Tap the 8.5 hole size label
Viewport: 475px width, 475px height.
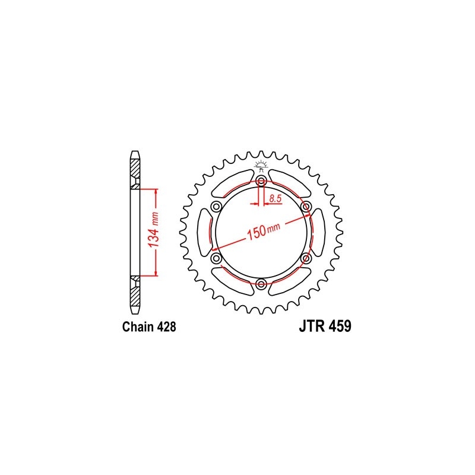[x=275, y=199]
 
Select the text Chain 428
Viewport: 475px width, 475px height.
[x=149, y=327]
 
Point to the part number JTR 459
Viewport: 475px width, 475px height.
[x=325, y=327]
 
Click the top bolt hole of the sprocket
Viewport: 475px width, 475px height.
[x=261, y=182]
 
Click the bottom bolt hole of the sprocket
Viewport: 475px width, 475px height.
[x=261, y=284]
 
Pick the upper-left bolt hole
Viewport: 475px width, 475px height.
[x=217, y=207]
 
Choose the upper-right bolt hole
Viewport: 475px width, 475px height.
[x=306, y=207]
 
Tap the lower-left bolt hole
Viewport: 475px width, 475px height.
[x=217, y=258]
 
